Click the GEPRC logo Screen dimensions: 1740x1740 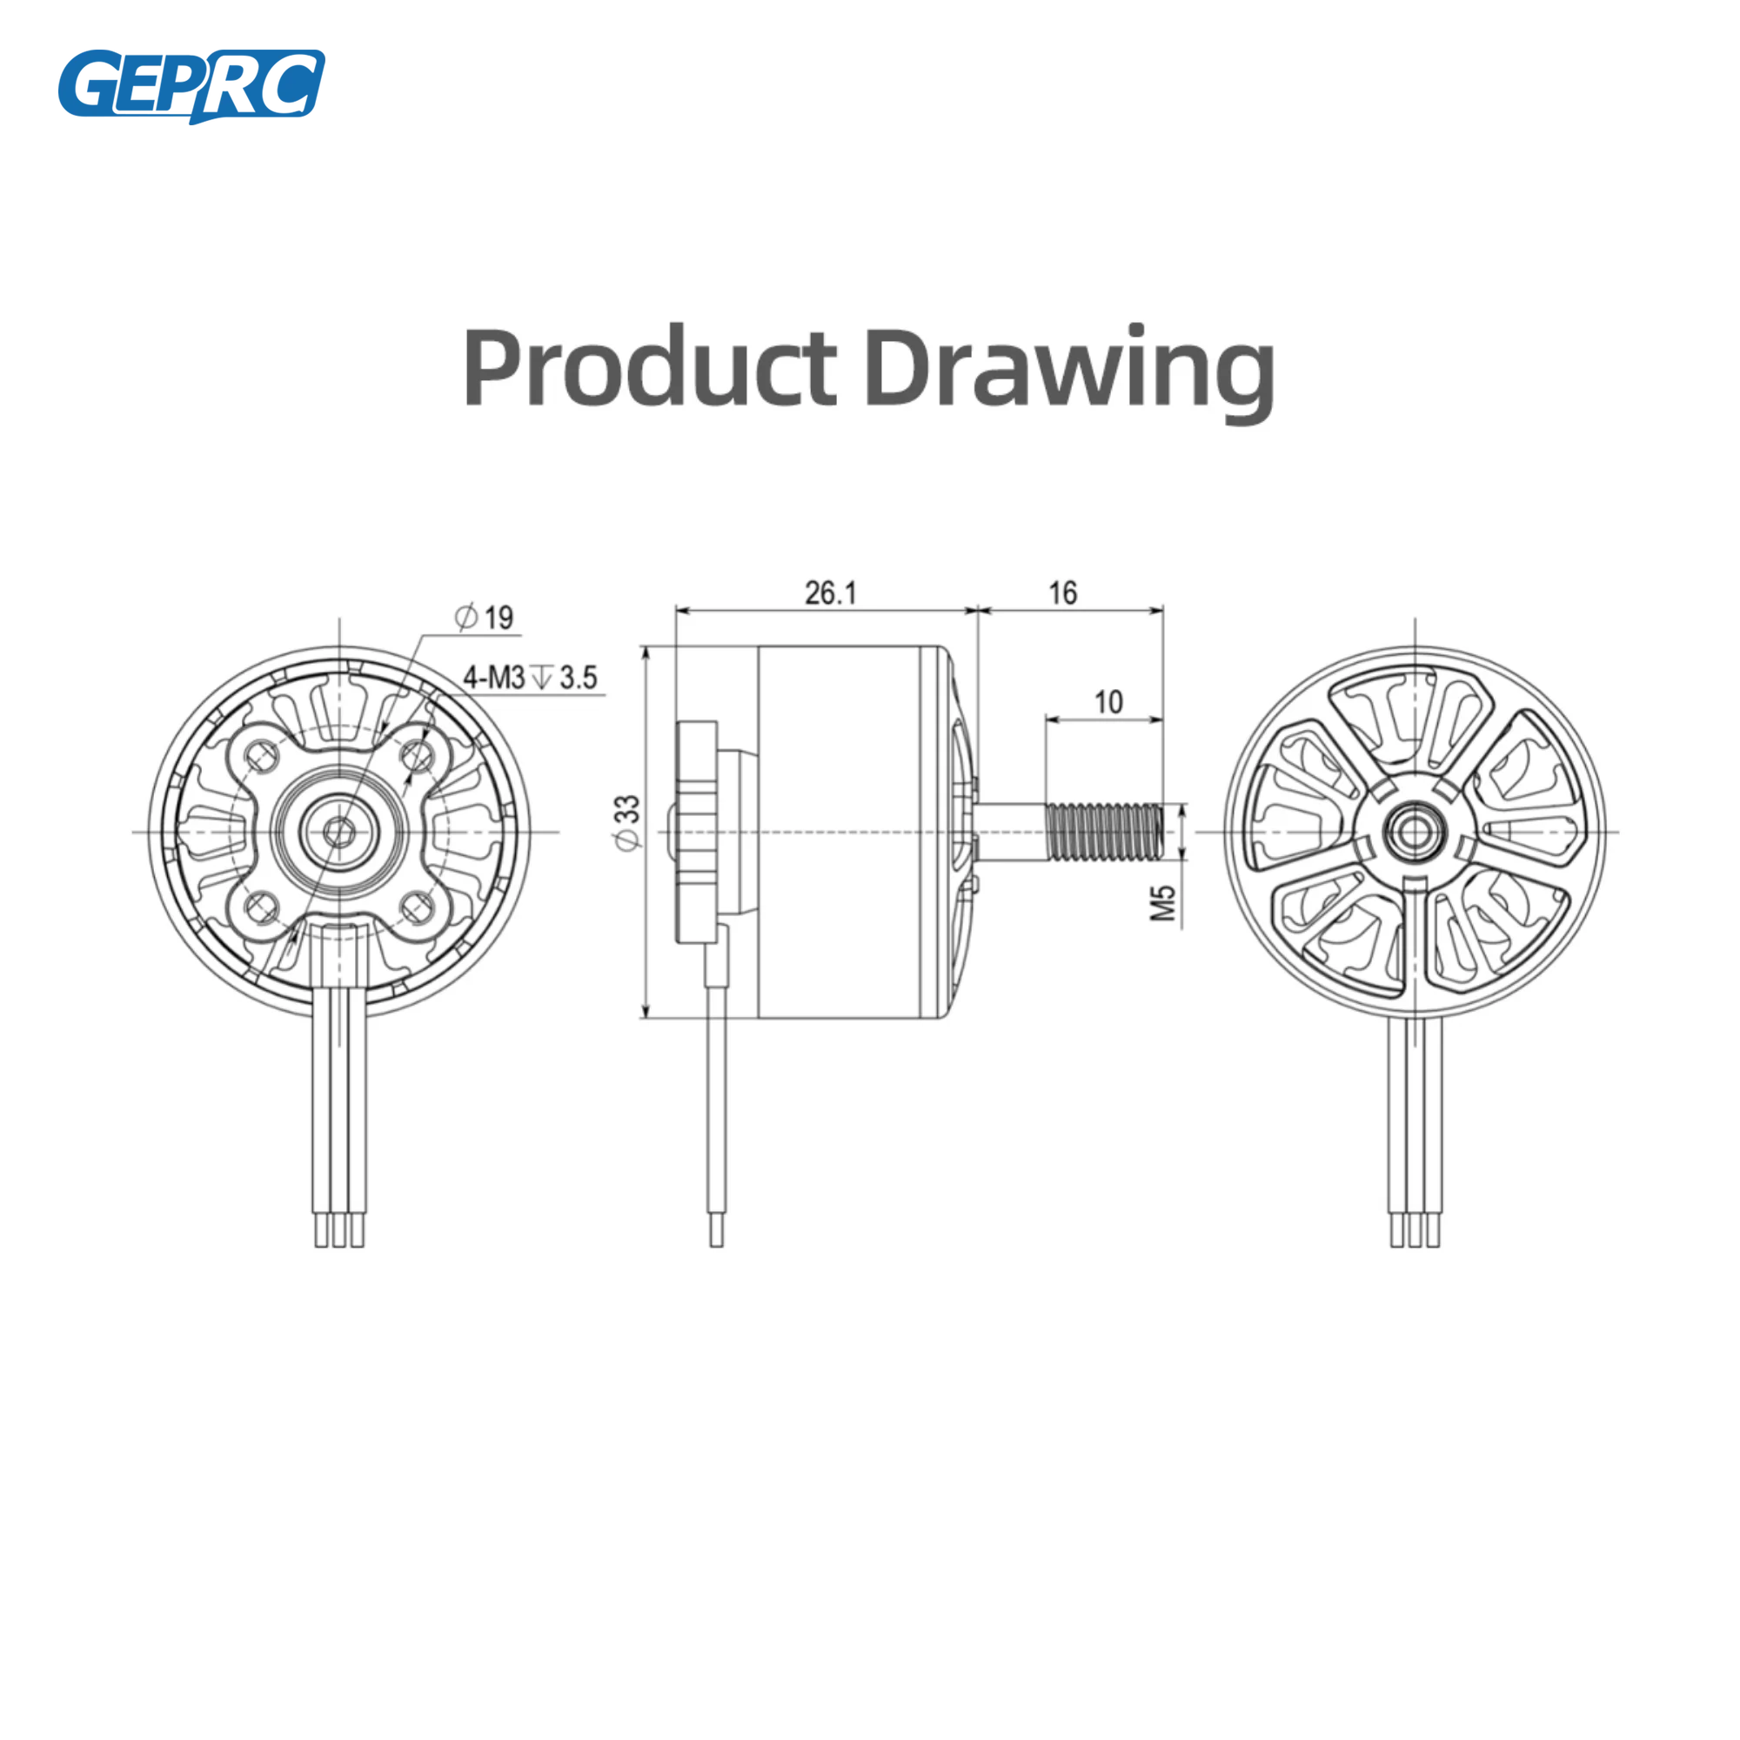(191, 85)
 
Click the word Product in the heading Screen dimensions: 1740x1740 (650, 367)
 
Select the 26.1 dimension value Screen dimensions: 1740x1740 (830, 592)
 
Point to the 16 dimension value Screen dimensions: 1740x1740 (1063, 592)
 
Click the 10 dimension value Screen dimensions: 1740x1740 (1108, 701)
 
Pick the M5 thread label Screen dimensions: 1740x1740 (1163, 902)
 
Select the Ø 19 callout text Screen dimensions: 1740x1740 (484, 617)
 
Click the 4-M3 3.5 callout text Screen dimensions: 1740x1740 (530, 677)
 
